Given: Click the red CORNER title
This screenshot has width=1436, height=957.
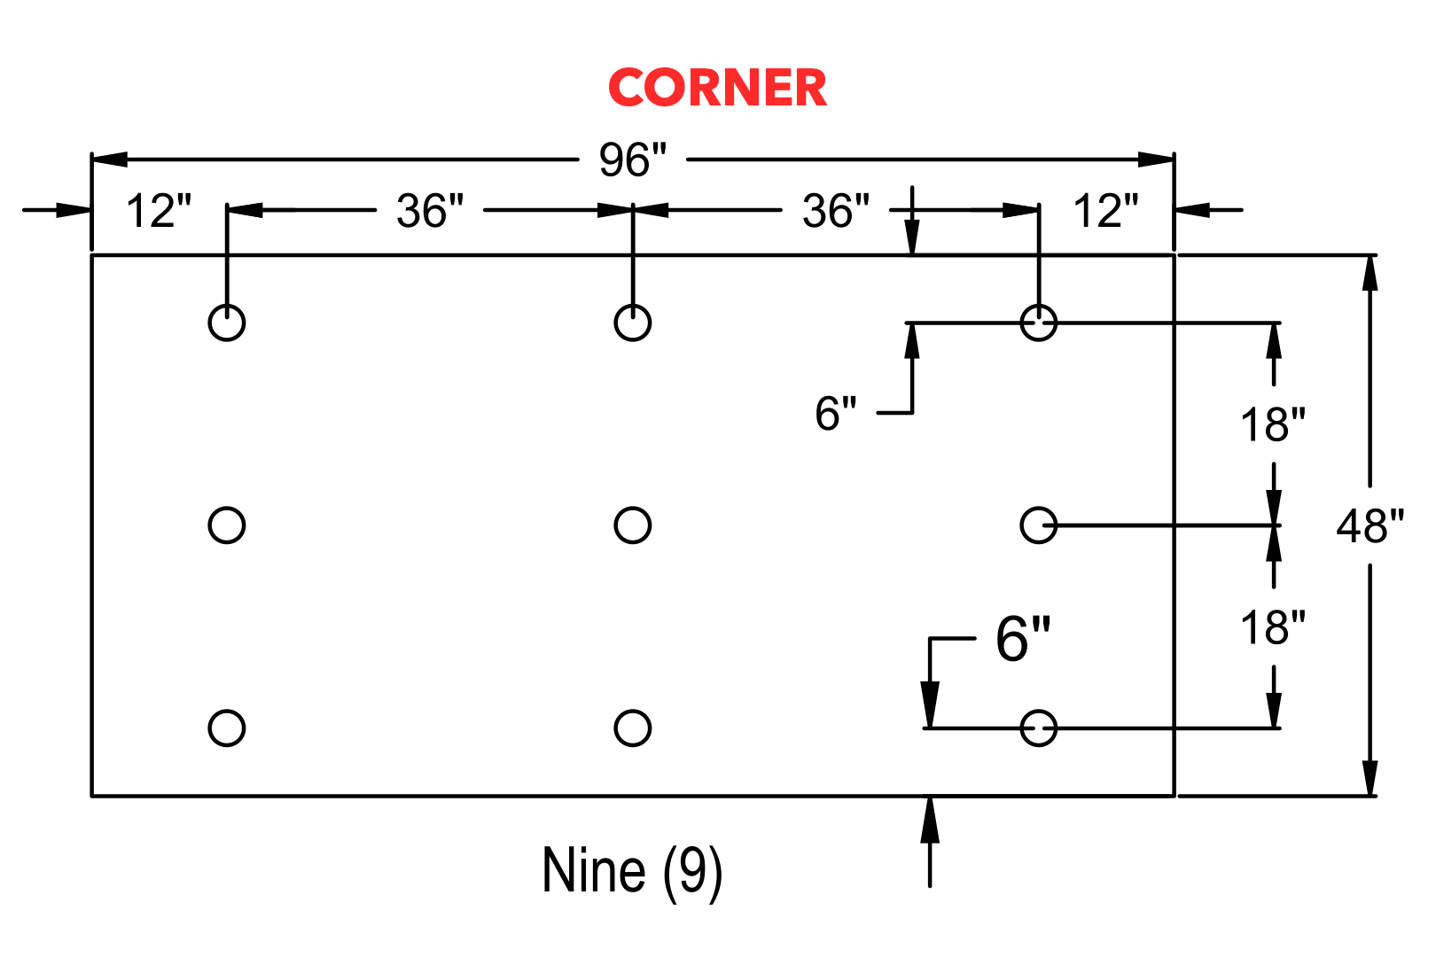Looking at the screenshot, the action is pyautogui.click(x=717, y=87).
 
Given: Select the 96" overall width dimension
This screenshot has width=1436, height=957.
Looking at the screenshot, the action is pyautogui.click(x=633, y=159).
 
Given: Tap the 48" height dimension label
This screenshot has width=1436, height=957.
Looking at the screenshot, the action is pyautogui.click(x=1370, y=526).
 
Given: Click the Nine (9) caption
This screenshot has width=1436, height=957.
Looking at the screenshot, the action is pyautogui.click(x=632, y=870).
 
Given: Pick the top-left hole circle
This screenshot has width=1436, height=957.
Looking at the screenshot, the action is pyautogui.click(x=209, y=323).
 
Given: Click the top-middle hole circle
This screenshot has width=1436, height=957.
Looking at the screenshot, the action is pyautogui.click(x=615, y=323).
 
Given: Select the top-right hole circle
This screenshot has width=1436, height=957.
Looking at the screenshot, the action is pyautogui.click(x=1021, y=323).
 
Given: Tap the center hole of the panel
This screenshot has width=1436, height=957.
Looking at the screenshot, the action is pyautogui.click(x=615, y=525).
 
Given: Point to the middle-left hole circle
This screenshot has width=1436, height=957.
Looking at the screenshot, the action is pyautogui.click(x=209, y=525).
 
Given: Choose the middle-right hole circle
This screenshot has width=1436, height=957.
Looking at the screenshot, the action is pyautogui.click(x=1021, y=525).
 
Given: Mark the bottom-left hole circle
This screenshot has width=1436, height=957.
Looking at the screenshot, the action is pyautogui.click(x=209, y=728).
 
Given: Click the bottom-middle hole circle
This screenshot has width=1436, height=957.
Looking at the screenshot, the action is pyautogui.click(x=615, y=728).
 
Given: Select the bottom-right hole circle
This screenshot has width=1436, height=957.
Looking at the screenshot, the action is pyautogui.click(x=1021, y=728).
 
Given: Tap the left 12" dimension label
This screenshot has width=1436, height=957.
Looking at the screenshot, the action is pyautogui.click(x=159, y=210).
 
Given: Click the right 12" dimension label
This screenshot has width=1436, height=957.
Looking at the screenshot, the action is pyautogui.click(x=1106, y=210).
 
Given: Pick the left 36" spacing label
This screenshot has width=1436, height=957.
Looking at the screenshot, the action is pyautogui.click(x=430, y=210).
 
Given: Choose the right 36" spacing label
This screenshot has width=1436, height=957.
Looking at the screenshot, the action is pyautogui.click(x=836, y=210).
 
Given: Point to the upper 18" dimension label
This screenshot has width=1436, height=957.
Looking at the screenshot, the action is pyautogui.click(x=1273, y=424).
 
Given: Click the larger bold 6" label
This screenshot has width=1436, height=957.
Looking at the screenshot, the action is pyautogui.click(x=1023, y=638).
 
